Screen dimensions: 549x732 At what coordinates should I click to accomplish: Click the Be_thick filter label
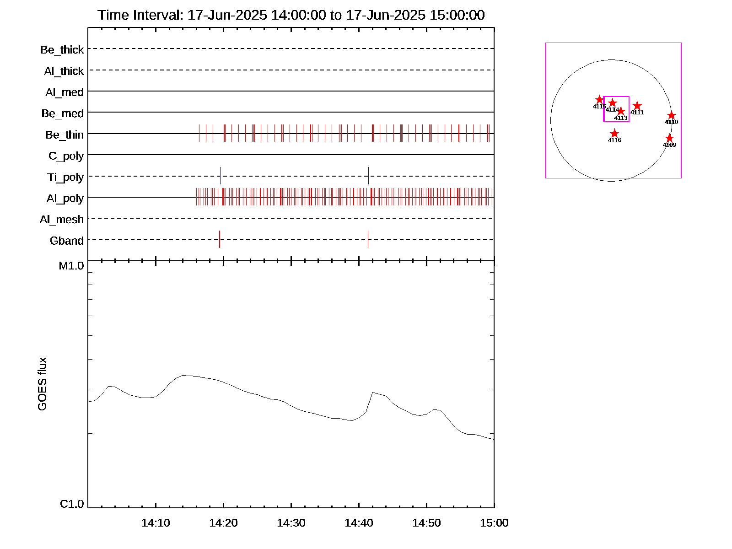62,49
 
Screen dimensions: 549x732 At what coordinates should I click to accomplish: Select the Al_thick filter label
64,71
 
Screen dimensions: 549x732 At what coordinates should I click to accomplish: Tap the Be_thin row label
65,135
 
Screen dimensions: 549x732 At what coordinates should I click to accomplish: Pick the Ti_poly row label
65,177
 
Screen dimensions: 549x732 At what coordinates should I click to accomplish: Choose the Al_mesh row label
62,220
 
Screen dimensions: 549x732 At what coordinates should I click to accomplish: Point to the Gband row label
67,241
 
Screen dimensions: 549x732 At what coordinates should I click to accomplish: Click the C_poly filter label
66,156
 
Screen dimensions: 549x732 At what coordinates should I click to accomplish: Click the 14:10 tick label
156,522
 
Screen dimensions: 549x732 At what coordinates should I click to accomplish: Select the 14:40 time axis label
359,522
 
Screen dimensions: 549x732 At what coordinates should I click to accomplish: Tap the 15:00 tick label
494,522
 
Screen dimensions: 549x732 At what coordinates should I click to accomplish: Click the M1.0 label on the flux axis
71,266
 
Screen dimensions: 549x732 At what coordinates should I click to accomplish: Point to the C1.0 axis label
72,504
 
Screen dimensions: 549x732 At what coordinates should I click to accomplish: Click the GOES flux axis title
42,384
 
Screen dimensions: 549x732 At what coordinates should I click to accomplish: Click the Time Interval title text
291,15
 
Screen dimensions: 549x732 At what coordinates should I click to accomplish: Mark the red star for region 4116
614,134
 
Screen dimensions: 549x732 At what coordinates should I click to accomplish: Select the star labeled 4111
637,106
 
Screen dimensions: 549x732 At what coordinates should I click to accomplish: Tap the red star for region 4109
669,138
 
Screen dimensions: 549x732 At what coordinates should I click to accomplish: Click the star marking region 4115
599,100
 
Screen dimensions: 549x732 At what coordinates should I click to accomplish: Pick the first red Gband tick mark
220,239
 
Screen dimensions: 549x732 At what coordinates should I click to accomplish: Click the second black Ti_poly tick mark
368,176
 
